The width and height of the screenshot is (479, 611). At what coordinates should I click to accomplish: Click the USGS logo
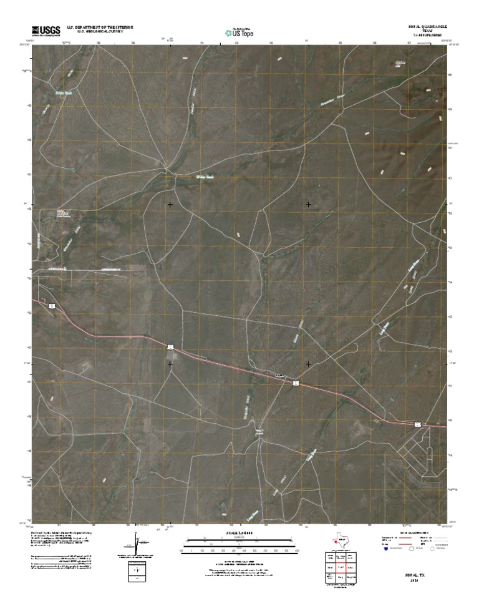pos(42,31)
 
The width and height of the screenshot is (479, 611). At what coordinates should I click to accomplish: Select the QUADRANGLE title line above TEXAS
pos(426,27)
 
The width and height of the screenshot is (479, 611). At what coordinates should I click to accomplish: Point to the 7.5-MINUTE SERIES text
pos(426,36)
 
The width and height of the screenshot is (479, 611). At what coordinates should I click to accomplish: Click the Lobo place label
pos(279,375)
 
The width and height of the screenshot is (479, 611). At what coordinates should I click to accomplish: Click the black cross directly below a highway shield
pos(170,364)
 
